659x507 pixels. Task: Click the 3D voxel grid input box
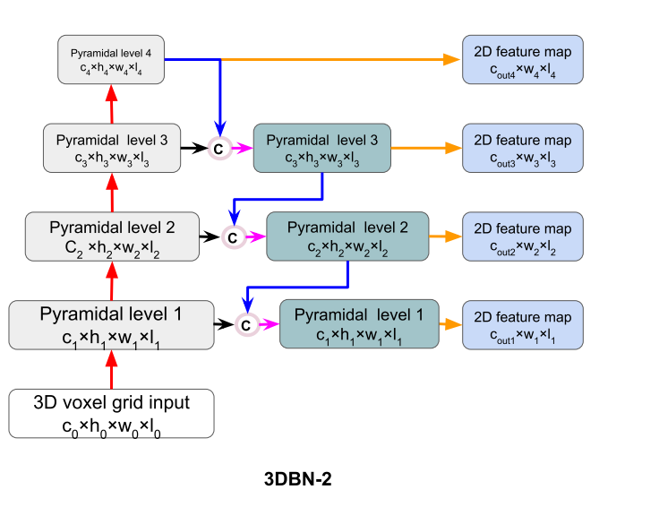click(112, 413)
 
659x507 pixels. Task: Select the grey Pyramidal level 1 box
click(112, 324)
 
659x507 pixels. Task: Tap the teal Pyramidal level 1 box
click(359, 324)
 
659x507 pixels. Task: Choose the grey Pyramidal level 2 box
click(112, 236)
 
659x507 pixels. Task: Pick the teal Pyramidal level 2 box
click(347, 236)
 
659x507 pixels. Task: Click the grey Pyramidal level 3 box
click(112, 149)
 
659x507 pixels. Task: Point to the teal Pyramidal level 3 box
click(321, 149)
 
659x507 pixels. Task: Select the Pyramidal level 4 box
click(112, 60)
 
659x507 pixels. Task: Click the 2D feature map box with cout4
click(523, 60)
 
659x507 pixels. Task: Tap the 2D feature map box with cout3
click(523, 149)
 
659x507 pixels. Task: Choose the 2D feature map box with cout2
click(523, 236)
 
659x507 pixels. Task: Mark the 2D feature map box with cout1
click(523, 324)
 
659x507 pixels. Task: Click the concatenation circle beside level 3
click(218, 149)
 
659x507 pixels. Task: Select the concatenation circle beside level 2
click(232, 236)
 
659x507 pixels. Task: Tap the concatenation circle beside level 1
click(246, 324)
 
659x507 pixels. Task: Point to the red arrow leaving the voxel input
click(112, 369)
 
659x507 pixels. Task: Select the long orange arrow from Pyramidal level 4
click(340, 60)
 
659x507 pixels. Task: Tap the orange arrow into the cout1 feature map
click(449, 324)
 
